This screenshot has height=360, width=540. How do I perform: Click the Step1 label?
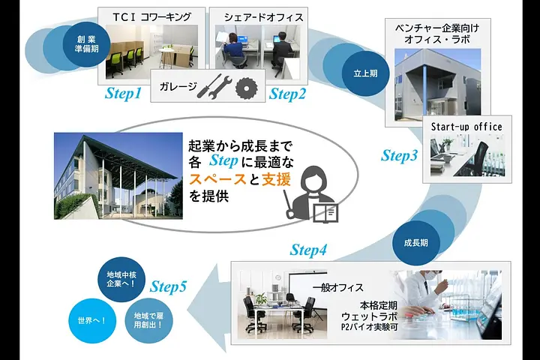point(123,93)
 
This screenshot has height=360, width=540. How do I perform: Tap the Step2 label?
point(287,94)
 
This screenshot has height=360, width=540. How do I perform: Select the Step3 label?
point(400,155)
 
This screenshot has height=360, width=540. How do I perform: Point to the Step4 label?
point(308,250)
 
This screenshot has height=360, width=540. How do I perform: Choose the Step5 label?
point(168,286)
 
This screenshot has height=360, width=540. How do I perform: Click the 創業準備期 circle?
point(87,44)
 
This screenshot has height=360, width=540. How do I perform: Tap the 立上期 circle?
point(366,73)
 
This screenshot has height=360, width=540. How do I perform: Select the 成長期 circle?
point(416,243)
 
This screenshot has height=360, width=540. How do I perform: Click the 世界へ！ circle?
point(92,321)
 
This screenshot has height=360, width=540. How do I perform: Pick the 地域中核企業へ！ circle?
point(121,279)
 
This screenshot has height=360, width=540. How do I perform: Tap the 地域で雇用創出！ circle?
point(148,320)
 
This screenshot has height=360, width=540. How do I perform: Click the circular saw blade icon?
point(247,88)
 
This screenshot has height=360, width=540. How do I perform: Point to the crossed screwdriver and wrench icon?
point(214,87)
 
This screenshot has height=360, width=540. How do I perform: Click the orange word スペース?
point(217,179)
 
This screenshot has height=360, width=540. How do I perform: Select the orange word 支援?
point(276,179)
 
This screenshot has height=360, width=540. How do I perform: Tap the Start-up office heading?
point(466,127)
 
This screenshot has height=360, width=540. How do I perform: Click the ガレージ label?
point(178,86)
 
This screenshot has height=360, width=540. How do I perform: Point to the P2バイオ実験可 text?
point(369,326)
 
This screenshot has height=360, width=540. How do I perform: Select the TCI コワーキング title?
point(151,17)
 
